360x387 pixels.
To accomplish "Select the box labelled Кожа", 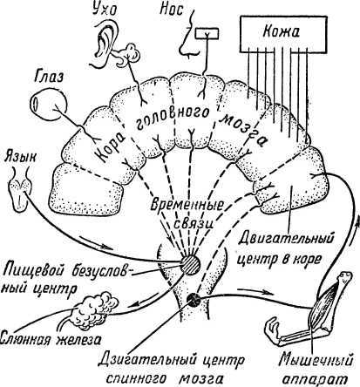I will pyautogui.click(x=282, y=32).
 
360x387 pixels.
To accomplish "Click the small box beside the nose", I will pyautogui.click(x=207, y=33).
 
